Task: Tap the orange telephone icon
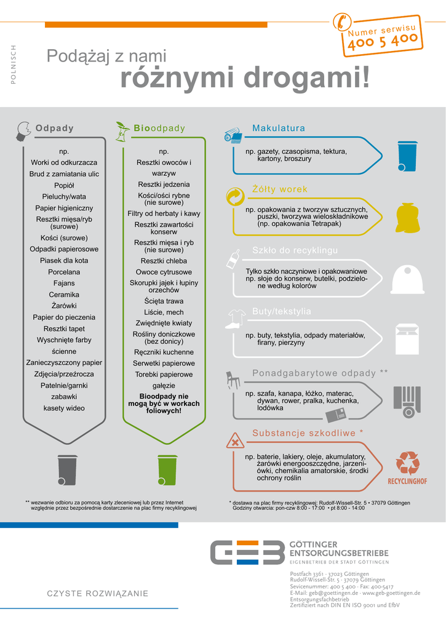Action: point(340,22)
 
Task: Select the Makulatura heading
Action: point(279,128)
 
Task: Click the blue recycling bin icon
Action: point(407,156)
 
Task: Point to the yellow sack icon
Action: point(407,218)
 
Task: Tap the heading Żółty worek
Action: point(279,189)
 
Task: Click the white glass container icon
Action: point(407,279)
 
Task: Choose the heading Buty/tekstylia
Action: point(282,311)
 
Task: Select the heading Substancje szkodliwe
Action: point(304,433)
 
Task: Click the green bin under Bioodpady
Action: point(167,469)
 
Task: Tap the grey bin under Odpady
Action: point(67,469)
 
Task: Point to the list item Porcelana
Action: point(64,272)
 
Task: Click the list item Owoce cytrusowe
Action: point(164,272)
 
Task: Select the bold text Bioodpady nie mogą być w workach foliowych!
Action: point(164,404)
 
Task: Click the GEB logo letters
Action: point(246,552)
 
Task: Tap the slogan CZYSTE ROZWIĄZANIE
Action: point(98,593)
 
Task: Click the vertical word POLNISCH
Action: point(14,65)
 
